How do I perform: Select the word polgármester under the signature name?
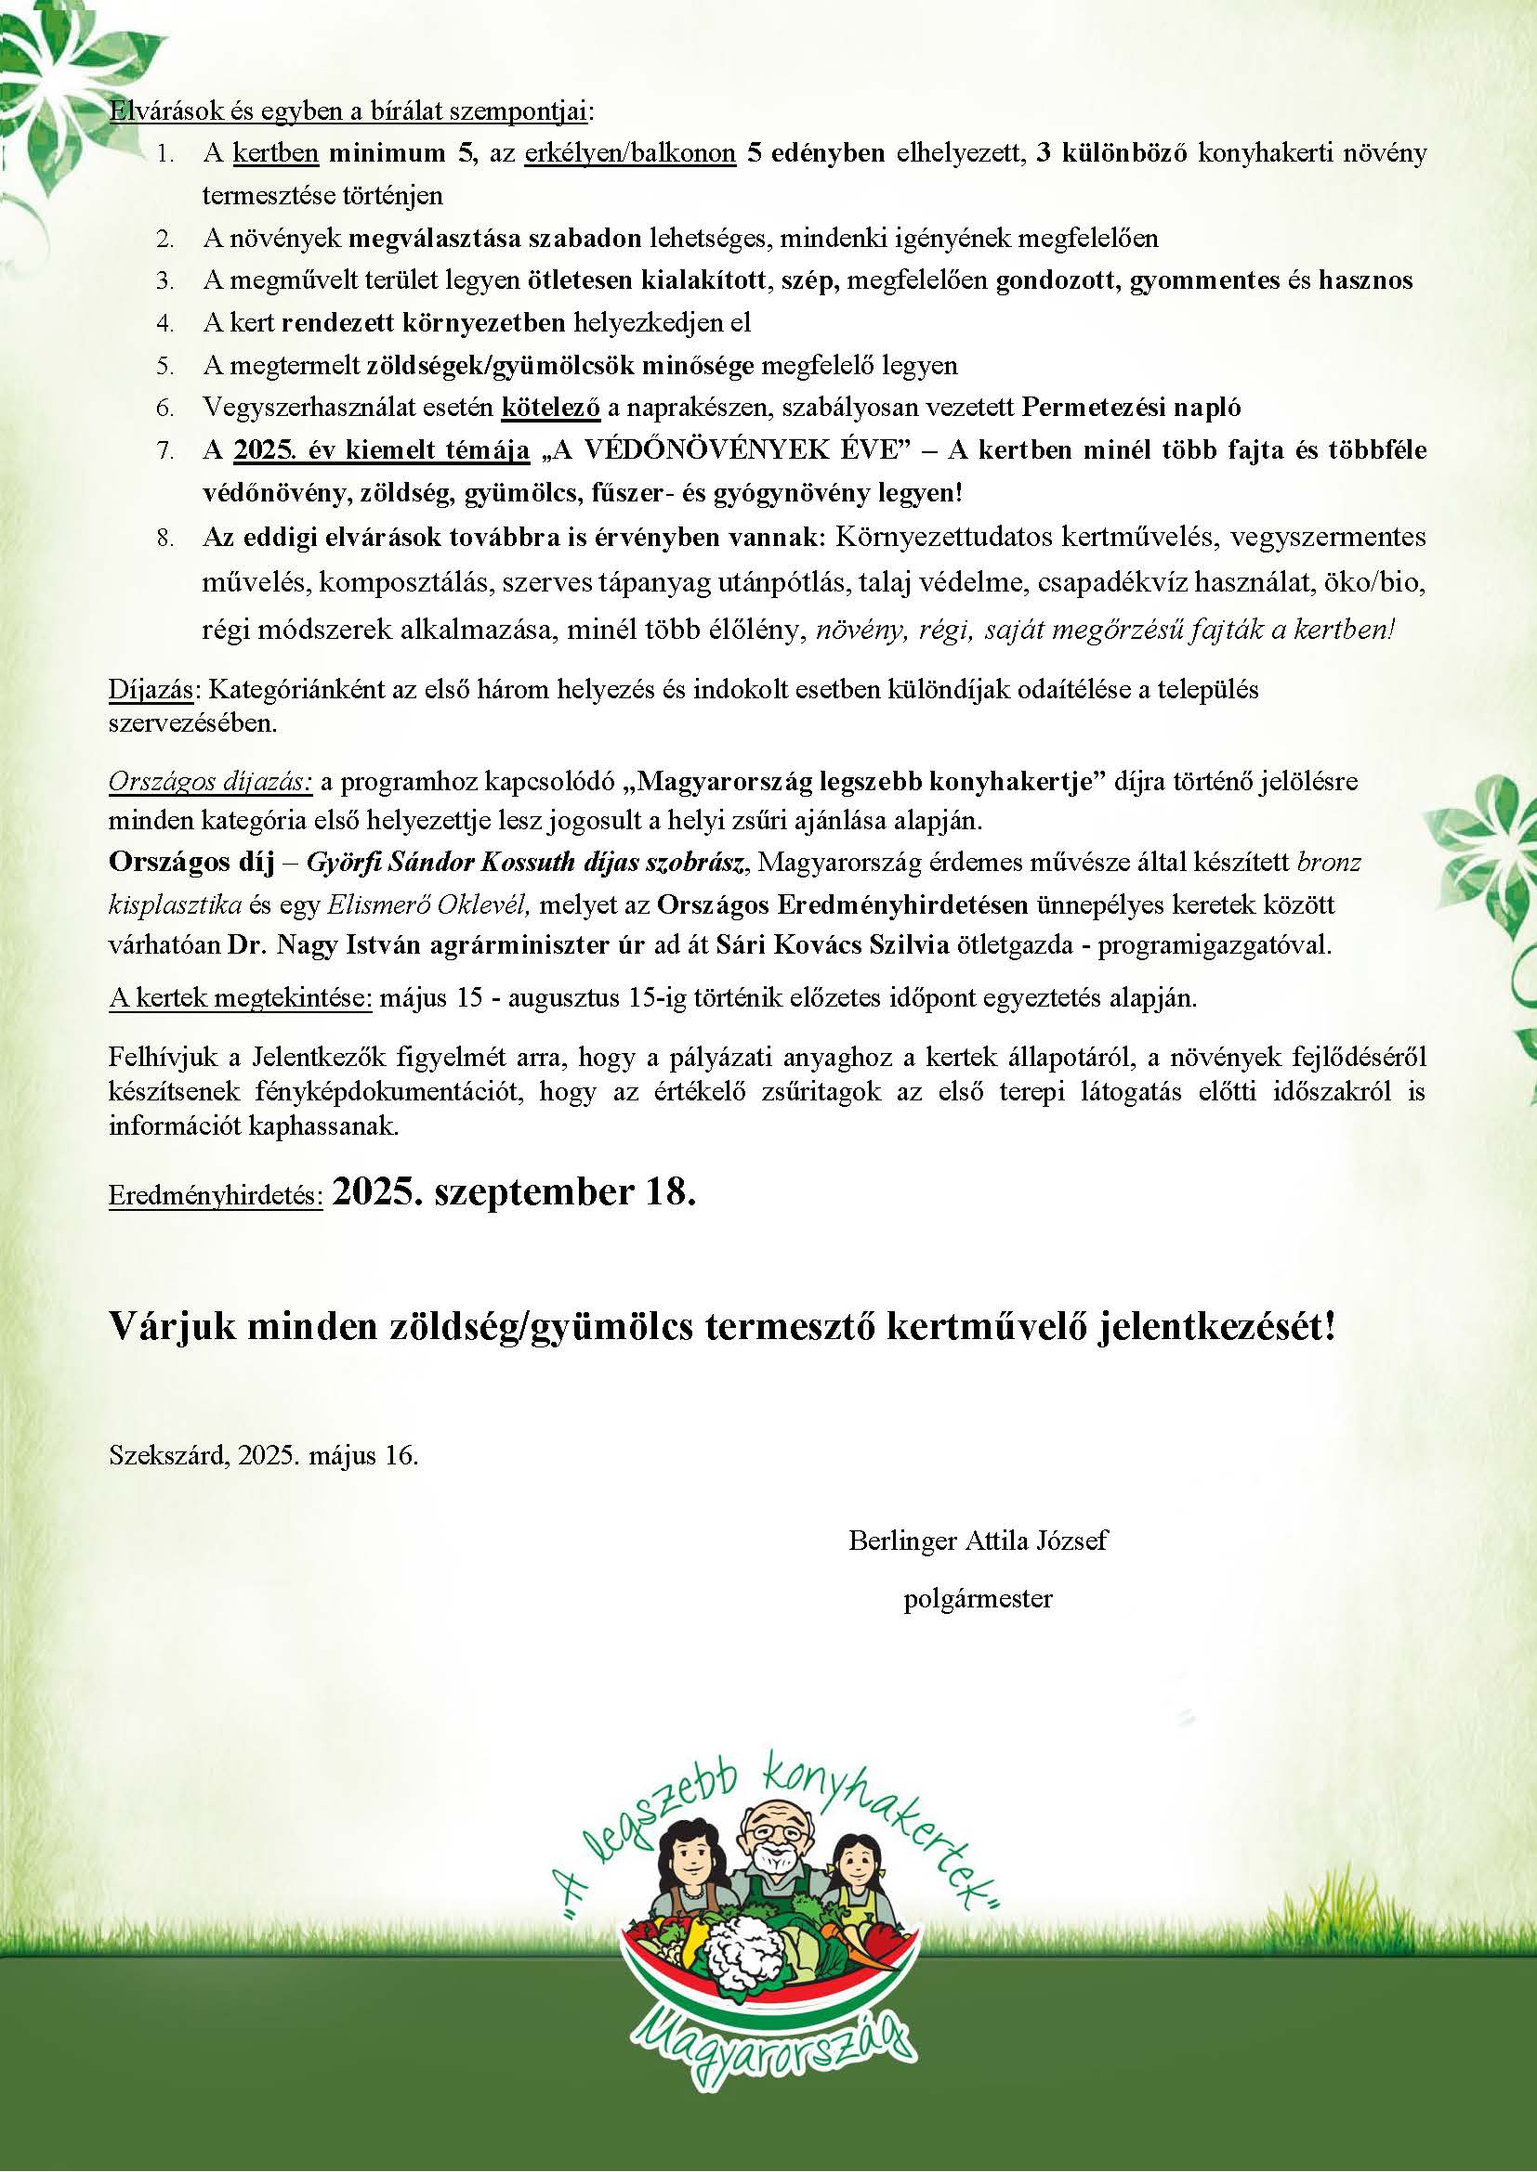pos(978,1599)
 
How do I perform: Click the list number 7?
pos(164,451)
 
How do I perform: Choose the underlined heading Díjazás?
pos(151,690)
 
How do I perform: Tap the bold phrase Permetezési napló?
pos(1132,408)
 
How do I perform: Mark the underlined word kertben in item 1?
pos(275,153)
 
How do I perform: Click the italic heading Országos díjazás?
pos(210,782)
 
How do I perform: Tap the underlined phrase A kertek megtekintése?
pos(241,999)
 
